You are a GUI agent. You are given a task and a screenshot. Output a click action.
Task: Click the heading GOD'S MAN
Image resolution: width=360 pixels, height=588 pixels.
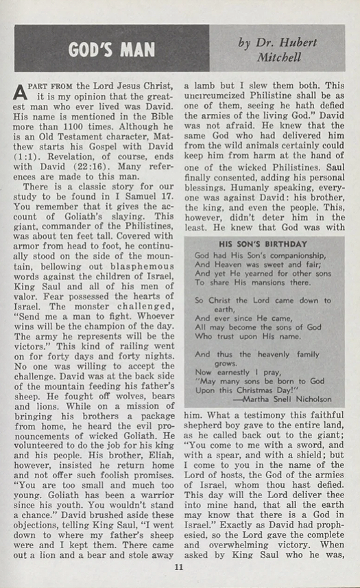point(111,49)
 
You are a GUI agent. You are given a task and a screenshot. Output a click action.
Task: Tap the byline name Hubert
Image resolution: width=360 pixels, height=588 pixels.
point(299,43)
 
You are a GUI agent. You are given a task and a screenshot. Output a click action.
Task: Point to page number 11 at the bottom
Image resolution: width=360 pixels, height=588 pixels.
point(179,567)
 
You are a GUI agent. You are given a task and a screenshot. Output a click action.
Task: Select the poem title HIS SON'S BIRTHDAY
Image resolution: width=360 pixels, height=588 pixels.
point(263,242)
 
